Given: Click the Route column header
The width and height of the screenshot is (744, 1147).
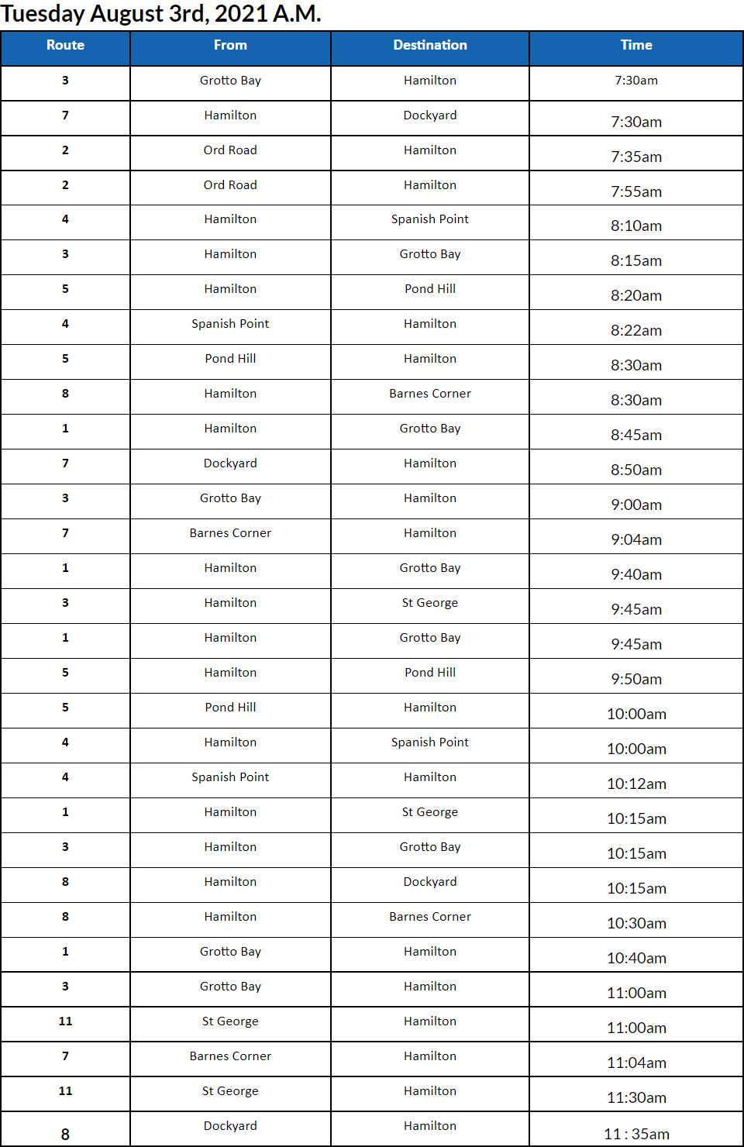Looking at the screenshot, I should pyautogui.click(x=65, y=46).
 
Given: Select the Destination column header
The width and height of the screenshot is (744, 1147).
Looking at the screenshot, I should pyautogui.click(x=430, y=46).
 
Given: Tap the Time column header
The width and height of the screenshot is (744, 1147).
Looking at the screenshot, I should pyautogui.click(x=636, y=46).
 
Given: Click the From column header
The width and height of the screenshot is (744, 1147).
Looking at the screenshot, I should pyautogui.click(x=230, y=46).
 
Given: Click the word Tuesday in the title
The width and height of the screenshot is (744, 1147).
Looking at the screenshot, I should pyautogui.click(x=43, y=14).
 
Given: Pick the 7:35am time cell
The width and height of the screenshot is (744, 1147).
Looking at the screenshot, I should pyautogui.click(x=636, y=157).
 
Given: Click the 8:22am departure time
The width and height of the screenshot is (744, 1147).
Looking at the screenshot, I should pyautogui.click(x=636, y=330).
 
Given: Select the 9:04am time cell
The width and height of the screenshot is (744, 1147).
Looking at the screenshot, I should pyautogui.click(x=636, y=539).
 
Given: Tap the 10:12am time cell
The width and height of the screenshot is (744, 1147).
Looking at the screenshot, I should pyautogui.click(x=636, y=784).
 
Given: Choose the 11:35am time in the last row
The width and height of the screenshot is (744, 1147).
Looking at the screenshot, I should pyautogui.click(x=636, y=1134).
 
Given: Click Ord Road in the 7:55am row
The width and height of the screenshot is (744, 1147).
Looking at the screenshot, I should pyautogui.click(x=230, y=185).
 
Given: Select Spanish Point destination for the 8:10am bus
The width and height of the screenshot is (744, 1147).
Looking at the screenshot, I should pyautogui.click(x=430, y=219).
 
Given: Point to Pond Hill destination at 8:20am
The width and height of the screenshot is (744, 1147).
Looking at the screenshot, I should pyautogui.click(x=430, y=289).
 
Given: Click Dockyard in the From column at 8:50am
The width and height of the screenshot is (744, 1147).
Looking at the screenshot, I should pyautogui.click(x=230, y=463).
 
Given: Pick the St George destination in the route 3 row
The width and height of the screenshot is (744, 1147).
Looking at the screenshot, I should pyautogui.click(x=430, y=603).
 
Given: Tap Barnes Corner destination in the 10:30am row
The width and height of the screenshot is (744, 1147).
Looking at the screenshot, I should pyautogui.click(x=430, y=917).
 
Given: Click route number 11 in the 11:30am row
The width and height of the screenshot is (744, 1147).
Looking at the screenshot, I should pyautogui.click(x=65, y=1091).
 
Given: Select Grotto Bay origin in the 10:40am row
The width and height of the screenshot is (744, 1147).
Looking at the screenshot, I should pyautogui.click(x=230, y=952).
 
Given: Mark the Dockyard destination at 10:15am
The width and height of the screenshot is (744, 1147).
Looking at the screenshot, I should pyautogui.click(x=430, y=882).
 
